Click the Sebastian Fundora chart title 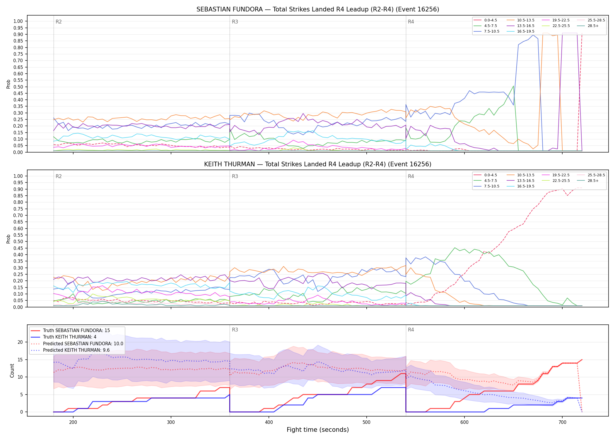tap(318, 9)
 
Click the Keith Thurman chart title tap(318, 164)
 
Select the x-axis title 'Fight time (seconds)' tap(318, 430)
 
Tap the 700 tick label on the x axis tap(562, 422)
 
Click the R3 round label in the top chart tap(235, 22)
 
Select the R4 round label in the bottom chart tap(411, 330)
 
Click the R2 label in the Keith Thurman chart tap(59, 176)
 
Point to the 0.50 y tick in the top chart tap(18, 87)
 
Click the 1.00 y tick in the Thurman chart tap(18, 176)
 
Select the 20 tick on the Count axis tap(20, 342)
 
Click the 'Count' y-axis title tap(12, 370)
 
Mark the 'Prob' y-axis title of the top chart tap(8, 84)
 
